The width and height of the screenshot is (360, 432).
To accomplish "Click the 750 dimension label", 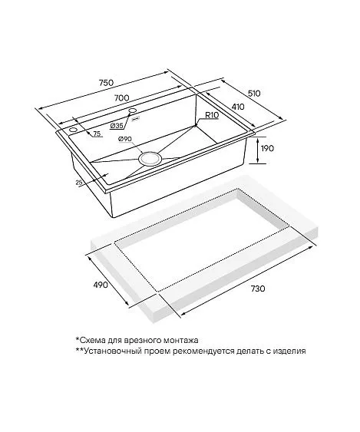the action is (106, 82).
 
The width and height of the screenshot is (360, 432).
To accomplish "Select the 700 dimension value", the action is (121, 97).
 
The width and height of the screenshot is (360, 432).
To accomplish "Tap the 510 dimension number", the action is (253, 94).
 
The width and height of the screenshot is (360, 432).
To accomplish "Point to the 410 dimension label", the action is (238, 107).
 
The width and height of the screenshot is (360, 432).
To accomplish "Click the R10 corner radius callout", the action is (212, 115).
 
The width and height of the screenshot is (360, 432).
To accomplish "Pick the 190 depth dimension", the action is (267, 148).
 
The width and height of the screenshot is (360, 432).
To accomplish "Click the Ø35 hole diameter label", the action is (117, 126).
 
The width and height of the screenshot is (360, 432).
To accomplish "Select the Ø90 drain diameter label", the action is (125, 139).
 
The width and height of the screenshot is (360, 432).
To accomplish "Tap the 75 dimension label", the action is (97, 134).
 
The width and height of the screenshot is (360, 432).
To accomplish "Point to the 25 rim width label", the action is (78, 182).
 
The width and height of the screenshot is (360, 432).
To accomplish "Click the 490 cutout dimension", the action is (101, 285).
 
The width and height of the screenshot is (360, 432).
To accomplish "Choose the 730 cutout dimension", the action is (258, 289).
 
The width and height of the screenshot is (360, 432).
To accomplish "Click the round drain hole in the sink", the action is (150, 159).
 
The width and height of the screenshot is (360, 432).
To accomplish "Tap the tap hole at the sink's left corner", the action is (74, 130).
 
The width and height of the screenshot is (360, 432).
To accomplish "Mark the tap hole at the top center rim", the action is (133, 110).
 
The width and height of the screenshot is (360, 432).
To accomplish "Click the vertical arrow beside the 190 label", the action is (258, 150).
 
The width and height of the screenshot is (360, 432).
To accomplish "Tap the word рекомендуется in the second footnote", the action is (203, 351).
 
